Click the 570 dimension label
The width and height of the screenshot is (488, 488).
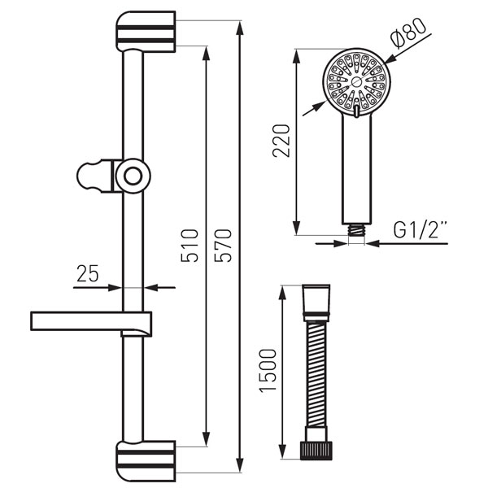click(x=223, y=246)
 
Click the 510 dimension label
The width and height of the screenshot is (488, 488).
click(x=190, y=246)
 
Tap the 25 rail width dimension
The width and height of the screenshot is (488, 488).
click(x=88, y=273)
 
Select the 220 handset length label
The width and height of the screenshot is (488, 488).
click(x=281, y=141)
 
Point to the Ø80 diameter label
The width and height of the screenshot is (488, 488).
click(x=408, y=33)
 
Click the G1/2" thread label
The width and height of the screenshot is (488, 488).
click(x=420, y=229)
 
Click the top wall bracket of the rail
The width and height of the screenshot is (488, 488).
click(x=146, y=32)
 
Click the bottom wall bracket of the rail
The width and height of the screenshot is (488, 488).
click(x=146, y=461)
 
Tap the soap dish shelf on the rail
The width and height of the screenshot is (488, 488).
click(x=91, y=324)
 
